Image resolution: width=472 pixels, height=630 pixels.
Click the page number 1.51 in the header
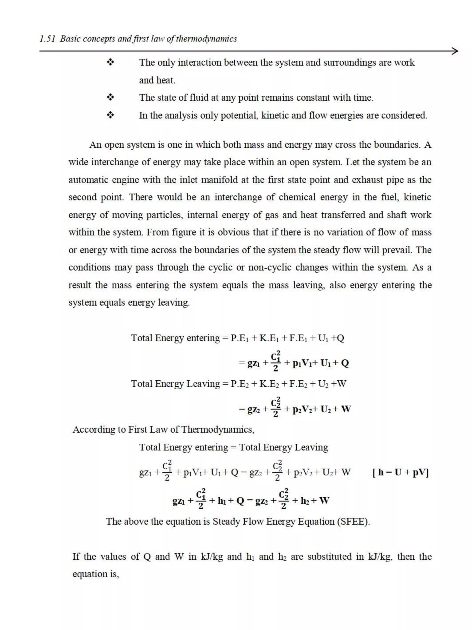pos(47,39)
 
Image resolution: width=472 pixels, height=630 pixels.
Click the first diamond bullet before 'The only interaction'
pos(110,62)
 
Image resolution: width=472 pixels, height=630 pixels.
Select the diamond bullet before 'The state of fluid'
pos(110,98)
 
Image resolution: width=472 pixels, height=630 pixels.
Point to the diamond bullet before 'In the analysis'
pos(110,115)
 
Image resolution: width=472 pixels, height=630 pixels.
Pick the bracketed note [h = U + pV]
pos(400,472)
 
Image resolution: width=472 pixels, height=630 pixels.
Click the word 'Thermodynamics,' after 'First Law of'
pos(218,430)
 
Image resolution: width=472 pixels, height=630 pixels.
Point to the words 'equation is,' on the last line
pos(96,574)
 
